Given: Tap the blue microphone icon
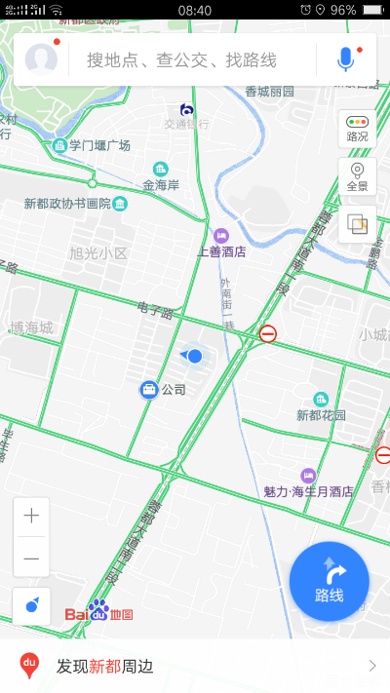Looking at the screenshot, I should click(345, 59).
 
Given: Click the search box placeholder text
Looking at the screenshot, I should click(181, 59).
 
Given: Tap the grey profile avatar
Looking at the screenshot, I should click(41, 59).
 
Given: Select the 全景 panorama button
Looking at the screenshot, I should click(358, 176).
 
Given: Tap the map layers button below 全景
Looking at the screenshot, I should click(358, 224).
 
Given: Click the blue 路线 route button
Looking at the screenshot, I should click(330, 581).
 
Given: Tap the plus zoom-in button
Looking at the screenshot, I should click(32, 516).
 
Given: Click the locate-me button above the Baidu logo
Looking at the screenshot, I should click(32, 605).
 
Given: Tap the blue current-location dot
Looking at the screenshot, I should click(195, 356).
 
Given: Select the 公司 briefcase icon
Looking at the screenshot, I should click(149, 389).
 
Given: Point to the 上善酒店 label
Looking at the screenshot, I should click(221, 250).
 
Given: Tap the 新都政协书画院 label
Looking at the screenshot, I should click(68, 204).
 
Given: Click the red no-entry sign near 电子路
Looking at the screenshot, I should click(268, 334).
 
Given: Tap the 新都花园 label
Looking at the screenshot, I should click(321, 414).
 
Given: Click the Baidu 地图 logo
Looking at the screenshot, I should click(98, 613).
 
